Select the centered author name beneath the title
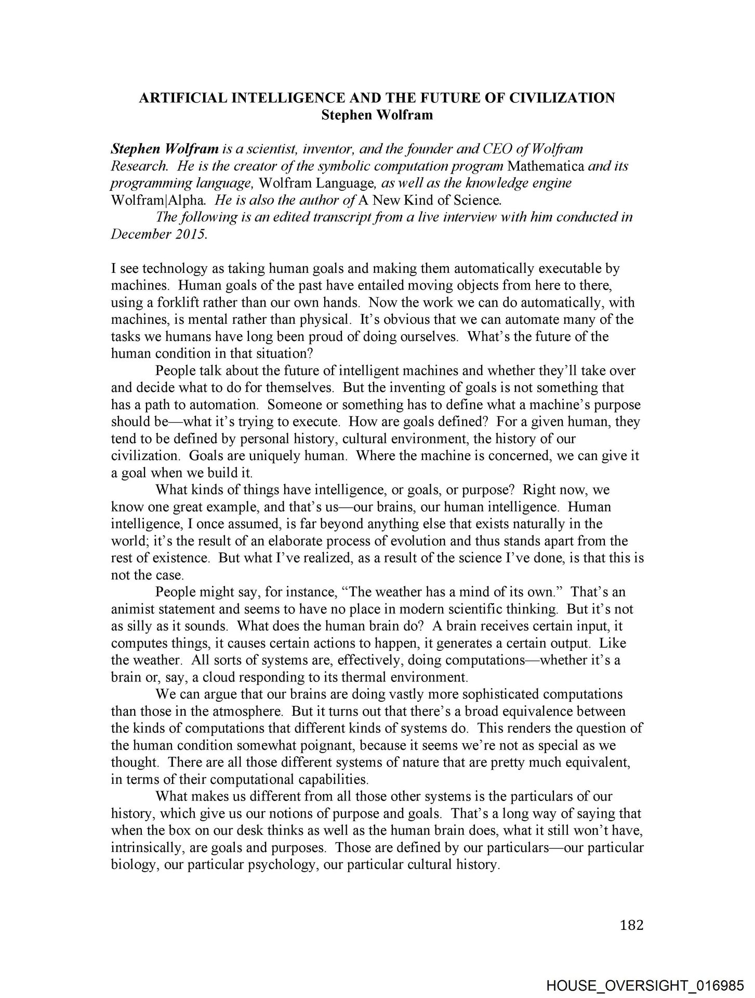coord(377,115)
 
